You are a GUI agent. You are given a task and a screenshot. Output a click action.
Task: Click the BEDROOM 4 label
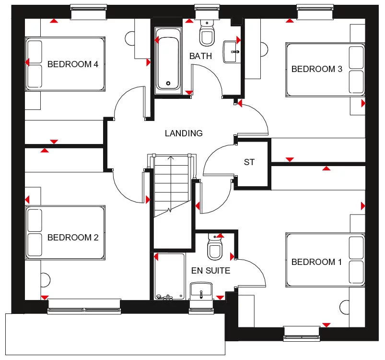pos(73,64)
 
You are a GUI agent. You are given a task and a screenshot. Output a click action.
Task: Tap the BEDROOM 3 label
pos(317,69)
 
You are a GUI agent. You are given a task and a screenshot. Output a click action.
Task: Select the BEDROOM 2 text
pos(73,238)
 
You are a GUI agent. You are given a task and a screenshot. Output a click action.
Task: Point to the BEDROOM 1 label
pos(317,262)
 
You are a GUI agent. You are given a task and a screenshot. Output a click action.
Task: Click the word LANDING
pos(184,133)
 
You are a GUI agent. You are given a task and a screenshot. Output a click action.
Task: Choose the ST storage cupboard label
pos(249,162)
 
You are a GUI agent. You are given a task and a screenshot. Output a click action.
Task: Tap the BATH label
pos(200,56)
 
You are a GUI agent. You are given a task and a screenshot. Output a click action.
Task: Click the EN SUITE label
pos(210,271)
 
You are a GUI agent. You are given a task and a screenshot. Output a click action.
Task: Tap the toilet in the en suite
pos(214,247)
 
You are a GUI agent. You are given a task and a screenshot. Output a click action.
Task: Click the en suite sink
pos(201,290)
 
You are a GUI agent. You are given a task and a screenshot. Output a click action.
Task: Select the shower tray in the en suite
pos(169,276)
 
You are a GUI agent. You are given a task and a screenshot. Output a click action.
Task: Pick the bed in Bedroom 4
pos(65,64)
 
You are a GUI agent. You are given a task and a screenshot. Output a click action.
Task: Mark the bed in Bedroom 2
pos(65,232)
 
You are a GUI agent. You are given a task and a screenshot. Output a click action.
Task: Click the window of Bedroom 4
pos(89,12)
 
